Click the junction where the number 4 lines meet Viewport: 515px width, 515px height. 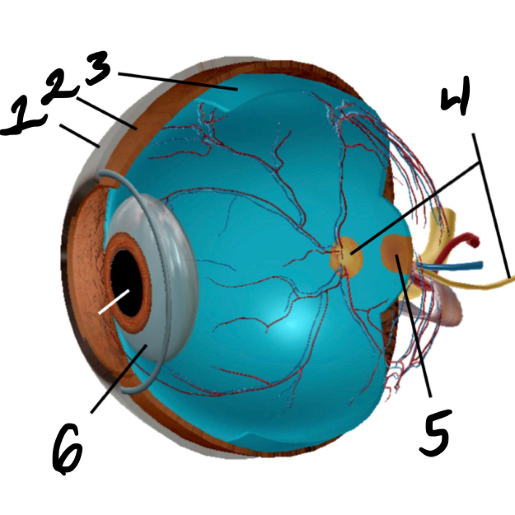(479, 162)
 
